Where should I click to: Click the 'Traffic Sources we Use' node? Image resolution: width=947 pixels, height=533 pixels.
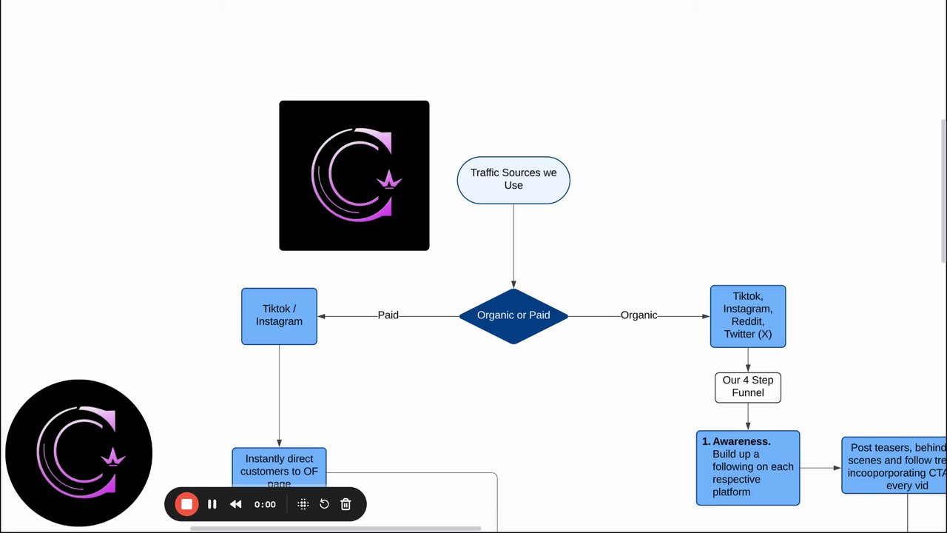point(513,180)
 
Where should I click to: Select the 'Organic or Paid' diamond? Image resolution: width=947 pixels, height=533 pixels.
point(513,316)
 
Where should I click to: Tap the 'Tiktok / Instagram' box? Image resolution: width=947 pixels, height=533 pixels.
point(279,316)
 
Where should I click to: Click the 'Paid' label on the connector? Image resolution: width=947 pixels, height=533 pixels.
point(388,315)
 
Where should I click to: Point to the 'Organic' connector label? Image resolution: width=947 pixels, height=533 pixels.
point(638,315)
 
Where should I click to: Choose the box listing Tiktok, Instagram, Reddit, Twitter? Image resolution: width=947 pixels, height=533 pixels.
point(747,316)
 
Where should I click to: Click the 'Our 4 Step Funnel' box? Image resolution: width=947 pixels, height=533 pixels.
point(747,387)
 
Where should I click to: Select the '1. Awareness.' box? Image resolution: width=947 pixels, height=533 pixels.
point(747,468)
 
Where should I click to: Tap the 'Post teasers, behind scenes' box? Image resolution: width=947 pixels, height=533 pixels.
point(894,465)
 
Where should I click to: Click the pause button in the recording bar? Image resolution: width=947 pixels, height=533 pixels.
point(212,504)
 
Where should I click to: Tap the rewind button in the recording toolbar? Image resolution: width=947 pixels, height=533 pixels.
point(236,504)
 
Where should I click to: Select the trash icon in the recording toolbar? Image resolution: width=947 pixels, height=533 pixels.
point(346,504)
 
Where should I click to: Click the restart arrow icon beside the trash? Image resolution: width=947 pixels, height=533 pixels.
point(324,504)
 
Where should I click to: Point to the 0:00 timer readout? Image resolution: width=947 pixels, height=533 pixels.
point(265,504)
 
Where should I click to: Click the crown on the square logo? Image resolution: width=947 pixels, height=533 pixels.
point(389,180)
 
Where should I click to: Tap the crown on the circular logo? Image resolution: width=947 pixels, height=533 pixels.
point(114,457)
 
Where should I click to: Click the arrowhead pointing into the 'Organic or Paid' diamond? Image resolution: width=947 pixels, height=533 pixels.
point(513,284)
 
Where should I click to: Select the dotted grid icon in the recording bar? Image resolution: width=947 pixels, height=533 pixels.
point(303,504)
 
